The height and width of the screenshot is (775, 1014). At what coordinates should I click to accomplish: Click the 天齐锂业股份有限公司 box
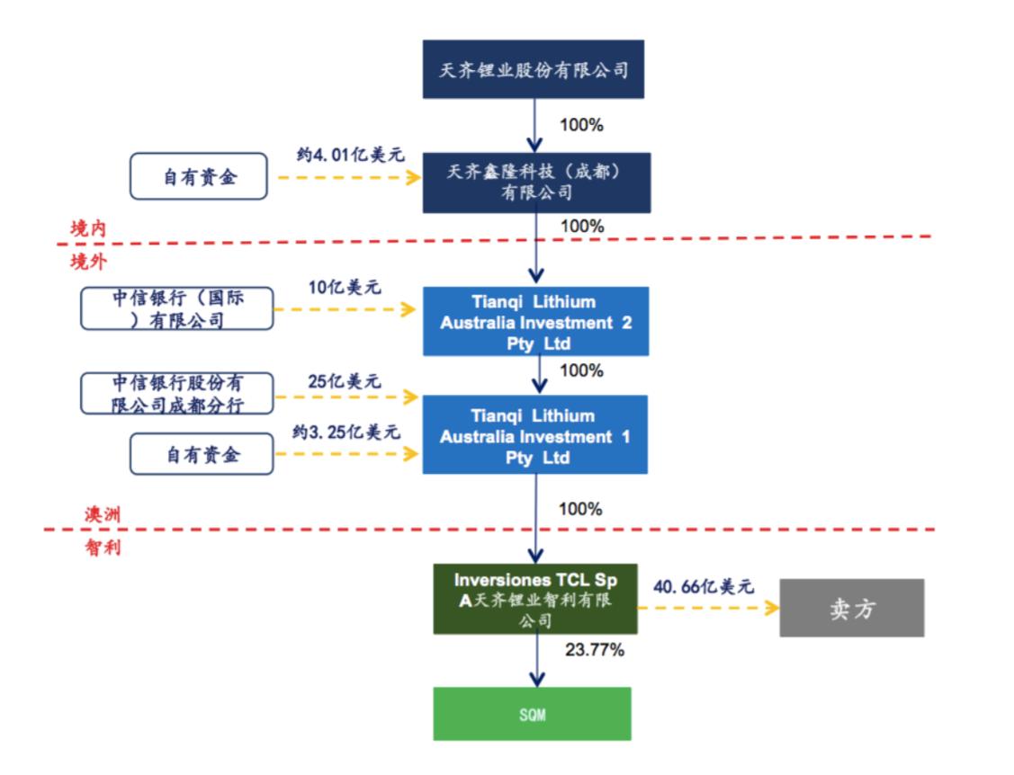pos(534,69)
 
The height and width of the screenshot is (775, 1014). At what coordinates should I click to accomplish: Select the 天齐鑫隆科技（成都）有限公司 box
pos(537,183)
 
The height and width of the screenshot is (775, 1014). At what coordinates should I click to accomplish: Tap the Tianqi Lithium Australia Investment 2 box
pos(536,321)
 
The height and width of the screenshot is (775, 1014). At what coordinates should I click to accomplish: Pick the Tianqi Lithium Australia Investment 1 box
pos(534,434)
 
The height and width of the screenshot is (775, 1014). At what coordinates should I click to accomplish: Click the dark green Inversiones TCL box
pos(535,599)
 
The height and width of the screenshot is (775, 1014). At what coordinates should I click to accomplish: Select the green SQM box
pos(533,714)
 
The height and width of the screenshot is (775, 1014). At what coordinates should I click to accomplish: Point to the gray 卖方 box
pos(852,608)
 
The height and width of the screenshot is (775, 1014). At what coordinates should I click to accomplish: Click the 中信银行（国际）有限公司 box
pos(177,308)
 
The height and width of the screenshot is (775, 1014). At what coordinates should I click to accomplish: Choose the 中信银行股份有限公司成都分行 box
pos(177,393)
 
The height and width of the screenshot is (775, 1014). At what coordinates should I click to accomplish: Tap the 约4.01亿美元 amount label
pos(350,156)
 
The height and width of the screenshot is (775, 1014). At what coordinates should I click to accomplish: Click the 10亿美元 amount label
pos(345,288)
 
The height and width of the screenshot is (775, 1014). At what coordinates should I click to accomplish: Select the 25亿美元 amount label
pos(344,381)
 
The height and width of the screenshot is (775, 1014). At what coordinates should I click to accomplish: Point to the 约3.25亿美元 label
pos(346,432)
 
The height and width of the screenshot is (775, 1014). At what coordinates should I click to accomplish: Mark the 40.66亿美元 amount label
pos(704,586)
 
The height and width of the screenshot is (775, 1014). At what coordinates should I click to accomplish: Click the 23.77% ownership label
pos(595,650)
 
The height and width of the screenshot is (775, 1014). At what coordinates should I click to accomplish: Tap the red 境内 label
pos(88,228)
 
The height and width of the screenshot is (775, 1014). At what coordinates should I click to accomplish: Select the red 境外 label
pos(88,262)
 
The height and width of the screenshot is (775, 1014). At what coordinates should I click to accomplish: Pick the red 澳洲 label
pos(103,514)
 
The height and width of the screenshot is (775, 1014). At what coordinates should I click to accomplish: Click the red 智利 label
pos(103,548)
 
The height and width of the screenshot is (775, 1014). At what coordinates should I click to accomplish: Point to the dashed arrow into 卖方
pos(708,608)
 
